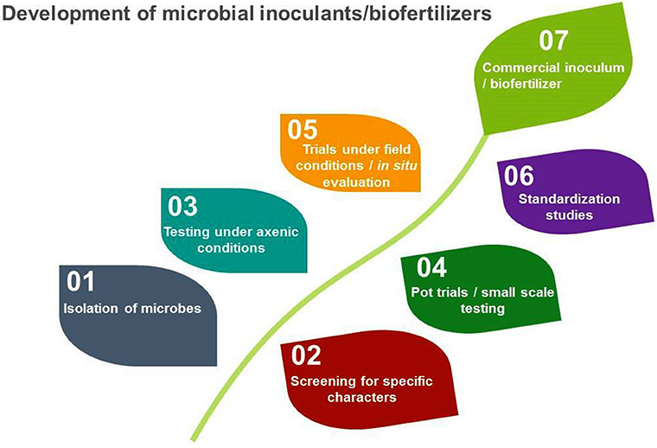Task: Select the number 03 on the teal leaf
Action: [x=182, y=208]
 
